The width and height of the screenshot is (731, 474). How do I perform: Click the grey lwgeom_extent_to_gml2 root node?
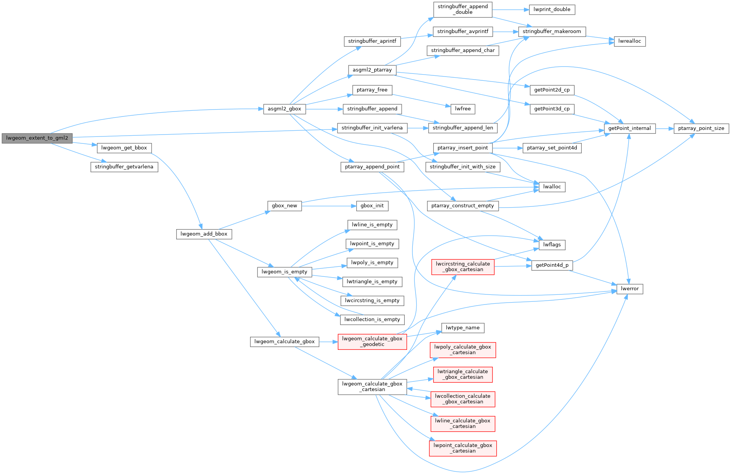[x=37, y=138]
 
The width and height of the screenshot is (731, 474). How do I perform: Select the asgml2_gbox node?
[x=284, y=109]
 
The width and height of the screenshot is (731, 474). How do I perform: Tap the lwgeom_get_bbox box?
[x=124, y=148]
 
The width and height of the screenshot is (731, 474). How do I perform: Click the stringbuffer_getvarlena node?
[x=124, y=167]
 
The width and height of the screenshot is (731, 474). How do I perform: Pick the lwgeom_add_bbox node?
[x=204, y=234]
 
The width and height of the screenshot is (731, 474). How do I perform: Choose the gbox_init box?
[x=372, y=206]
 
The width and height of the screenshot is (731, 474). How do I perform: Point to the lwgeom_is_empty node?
[x=284, y=272]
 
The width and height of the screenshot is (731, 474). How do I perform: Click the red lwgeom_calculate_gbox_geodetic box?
[x=372, y=341]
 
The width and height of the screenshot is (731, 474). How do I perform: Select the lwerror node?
[x=629, y=289]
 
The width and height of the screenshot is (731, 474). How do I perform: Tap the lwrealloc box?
[x=629, y=41]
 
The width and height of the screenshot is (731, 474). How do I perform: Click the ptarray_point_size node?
[x=701, y=128]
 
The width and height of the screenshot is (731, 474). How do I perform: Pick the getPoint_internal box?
[x=629, y=128]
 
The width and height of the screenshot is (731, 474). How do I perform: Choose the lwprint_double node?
[x=552, y=10]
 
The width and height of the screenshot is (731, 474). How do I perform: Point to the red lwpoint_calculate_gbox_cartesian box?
[x=462, y=448]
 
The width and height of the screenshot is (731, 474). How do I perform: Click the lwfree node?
[x=462, y=109]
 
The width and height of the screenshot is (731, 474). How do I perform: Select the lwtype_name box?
[x=462, y=328]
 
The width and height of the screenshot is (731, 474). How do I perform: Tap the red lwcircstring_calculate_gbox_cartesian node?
[x=462, y=267]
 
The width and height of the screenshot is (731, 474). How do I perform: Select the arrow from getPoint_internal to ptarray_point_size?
[x=664, y=129]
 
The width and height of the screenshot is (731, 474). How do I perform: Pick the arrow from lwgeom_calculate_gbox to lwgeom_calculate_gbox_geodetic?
[x=328, y=341]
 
